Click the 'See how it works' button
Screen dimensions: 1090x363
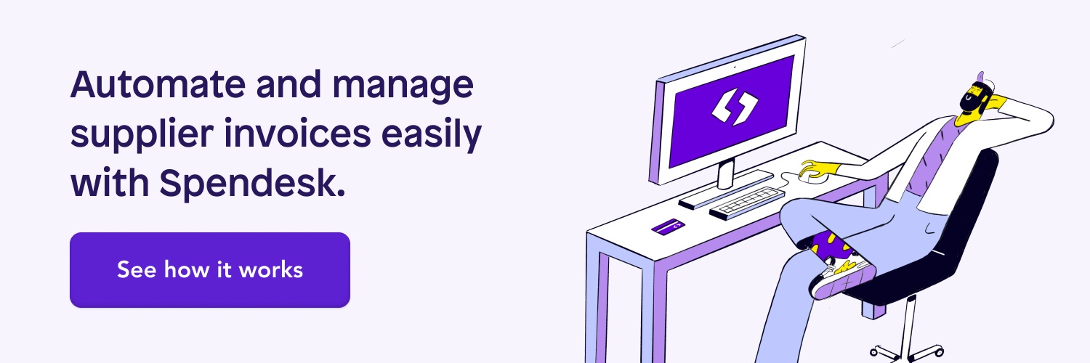coord(210,269)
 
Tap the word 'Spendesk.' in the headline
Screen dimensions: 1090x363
coord(253,184)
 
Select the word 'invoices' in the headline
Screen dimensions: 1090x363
coord(296,134)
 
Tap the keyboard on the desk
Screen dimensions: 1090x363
coord(747,203)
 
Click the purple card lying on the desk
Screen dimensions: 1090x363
coord(668,227)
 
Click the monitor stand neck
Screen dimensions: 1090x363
coord(726,174)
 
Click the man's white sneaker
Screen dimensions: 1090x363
coord(841,279)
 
